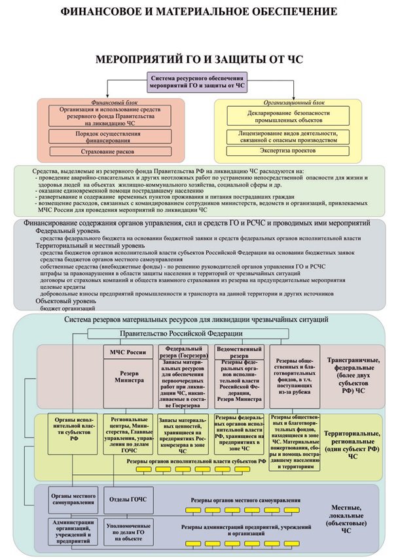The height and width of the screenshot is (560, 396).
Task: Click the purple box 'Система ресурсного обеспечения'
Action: tap(198, 81)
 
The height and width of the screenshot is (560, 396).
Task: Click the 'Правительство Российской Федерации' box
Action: tap(198, 333)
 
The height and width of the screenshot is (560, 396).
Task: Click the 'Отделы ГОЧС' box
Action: tap(127, 499)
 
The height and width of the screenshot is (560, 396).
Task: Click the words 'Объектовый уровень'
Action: tap(66, 301)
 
